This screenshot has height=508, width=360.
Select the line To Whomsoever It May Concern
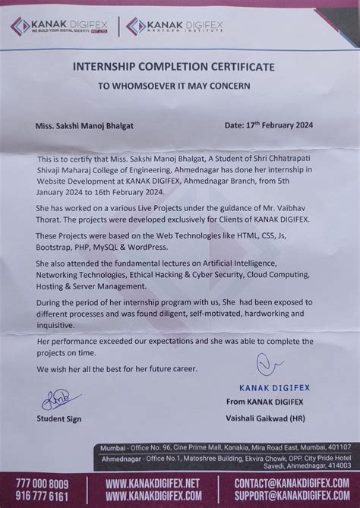point(173,87)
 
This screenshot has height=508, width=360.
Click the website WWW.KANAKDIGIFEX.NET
point(153,484)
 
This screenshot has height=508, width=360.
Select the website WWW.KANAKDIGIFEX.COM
point(154,495)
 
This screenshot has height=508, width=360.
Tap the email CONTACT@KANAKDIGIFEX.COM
point(291,484)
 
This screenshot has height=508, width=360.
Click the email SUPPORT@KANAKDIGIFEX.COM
point(292,495)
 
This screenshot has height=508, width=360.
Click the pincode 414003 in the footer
point(338,466)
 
